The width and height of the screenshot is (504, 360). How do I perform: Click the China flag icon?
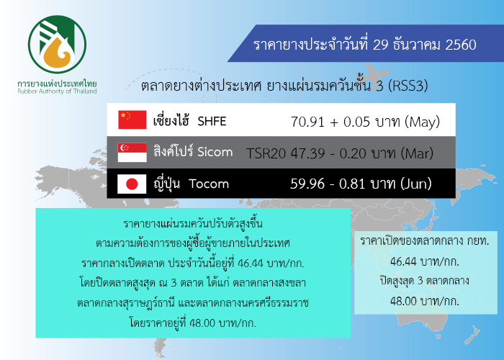(132, 120)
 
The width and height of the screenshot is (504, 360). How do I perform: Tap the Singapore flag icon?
(132, 153)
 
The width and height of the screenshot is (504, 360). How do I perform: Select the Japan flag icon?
(132, 184)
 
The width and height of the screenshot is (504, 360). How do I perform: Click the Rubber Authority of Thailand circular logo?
(57, 45)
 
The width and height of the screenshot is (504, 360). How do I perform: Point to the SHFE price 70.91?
(307, 122)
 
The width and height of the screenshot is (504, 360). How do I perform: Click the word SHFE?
(212, 121)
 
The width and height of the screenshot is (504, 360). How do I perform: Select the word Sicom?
(215, 152)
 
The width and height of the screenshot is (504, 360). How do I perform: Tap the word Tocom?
(209, 184)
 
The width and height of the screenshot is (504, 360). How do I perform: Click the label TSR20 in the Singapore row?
(266, 153)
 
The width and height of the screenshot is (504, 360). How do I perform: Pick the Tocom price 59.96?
(307, 184)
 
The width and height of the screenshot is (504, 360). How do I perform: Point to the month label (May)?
(423, 122)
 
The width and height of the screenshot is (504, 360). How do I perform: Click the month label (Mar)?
(417, 153)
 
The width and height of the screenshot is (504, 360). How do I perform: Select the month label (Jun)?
(416, 184)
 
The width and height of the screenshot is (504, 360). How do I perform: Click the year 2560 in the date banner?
(461, 45)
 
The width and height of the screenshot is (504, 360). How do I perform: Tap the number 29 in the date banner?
(381, 45)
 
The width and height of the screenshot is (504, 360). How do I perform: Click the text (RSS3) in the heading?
(408, 86)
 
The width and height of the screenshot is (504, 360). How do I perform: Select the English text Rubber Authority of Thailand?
(57, 91)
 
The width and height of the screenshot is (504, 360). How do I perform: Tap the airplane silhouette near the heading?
(375, 76)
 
